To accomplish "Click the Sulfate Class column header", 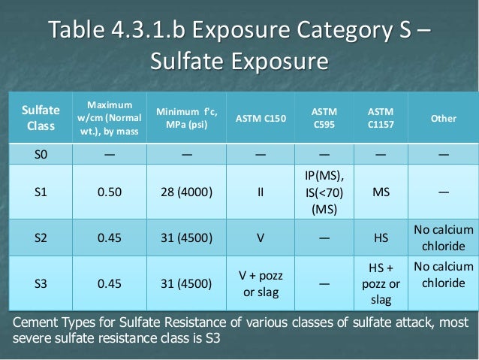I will pyautogui.click(x=40, y=118).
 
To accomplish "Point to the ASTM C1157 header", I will pyautogui.click(x=381, y=119).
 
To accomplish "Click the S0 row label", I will pyautogui.click(x=40, y=156).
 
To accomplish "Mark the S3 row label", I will pyautogui.click(x=40, y=285).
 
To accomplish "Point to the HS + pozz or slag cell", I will pyautogui.click(x=381, y=285).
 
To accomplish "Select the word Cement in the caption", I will pyautogui.click(x=38, y=324).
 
